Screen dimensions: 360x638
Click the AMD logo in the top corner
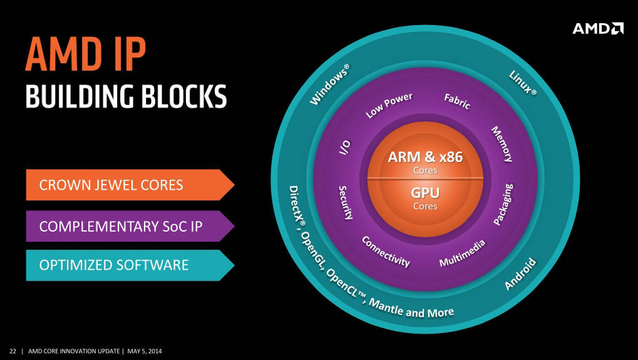point(598,28)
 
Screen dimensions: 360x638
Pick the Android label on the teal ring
point(521,274)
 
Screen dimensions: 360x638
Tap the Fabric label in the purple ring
point(457,101)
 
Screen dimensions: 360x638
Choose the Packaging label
point(504,204)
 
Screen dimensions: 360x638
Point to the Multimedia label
point(463,253)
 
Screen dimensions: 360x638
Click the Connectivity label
point(386,252)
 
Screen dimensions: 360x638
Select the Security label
point(346,202)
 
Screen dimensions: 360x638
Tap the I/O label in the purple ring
point(345,147)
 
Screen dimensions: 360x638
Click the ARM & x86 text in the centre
point(425,157)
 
